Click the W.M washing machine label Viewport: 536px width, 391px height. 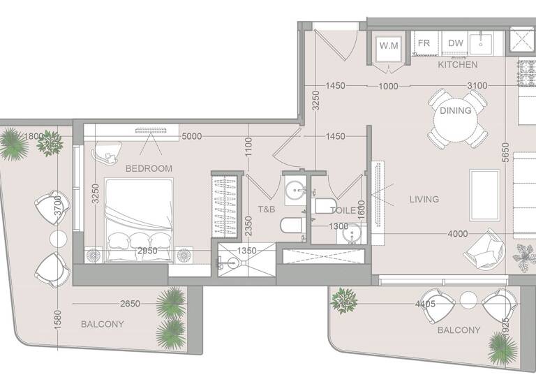coord(389,45)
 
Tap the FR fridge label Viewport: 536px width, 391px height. coord(424,43)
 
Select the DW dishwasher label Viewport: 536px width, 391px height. coord(456,43)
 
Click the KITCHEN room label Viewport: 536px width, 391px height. coord(458,65)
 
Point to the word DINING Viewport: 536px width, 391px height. coord(456,110)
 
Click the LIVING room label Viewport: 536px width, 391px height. coord(424,200)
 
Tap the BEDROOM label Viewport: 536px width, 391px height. coord(149,168)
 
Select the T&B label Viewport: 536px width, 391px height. coord(266,209)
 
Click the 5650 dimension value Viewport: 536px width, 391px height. coord(505,153)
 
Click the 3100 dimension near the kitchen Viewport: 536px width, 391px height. coord(477,86)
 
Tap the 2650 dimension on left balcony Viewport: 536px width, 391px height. coord(131,304)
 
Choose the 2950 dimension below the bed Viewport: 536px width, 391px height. coord(147,250)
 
